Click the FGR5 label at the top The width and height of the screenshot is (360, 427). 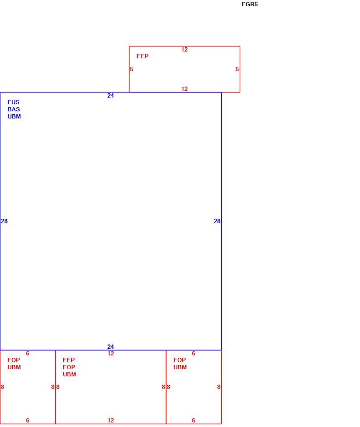click(250, 4)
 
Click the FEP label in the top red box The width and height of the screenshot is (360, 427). click(142, 56)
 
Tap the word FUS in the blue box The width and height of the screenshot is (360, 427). click(14, 102)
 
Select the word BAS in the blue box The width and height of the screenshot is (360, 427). click(14, 109)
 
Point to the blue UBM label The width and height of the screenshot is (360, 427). click(14, 116)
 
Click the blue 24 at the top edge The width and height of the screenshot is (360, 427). click(110, 95)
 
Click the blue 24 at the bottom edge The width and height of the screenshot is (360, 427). click(110, 347)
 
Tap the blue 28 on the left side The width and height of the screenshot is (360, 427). click(4, 221)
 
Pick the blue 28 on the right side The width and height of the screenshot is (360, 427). click(217, 221)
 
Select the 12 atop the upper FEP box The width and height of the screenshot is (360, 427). click(184, 49)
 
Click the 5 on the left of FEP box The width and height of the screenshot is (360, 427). click(132, 69)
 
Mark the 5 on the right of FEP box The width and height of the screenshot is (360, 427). click(237, 69)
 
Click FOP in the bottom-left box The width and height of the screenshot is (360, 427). click(14, 360)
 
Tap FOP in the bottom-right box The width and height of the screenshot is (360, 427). click(180, 360)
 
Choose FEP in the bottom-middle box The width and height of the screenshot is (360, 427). click(69, 360)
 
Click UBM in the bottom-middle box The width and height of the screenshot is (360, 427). click(70, 374)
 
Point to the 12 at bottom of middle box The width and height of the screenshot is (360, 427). click(111, 420)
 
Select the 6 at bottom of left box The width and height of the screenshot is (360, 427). click(28, 420)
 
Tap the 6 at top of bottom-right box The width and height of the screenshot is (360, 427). click(194, 353)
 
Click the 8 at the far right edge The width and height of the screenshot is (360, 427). click(219, 387)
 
